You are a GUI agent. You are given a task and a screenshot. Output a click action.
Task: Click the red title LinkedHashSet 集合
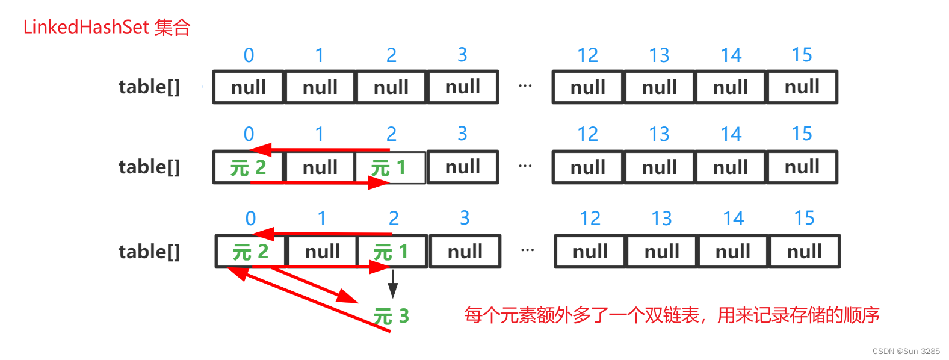pyautogui.click(x=107, y=27)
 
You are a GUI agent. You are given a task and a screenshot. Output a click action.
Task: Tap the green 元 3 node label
pyautogui.click(x=391, y=316)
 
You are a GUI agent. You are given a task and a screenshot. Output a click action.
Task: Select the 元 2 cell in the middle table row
pyautogui.click(x=248, y=167)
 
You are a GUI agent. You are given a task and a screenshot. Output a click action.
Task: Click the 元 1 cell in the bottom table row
pyautogui.click(x=391, y=252)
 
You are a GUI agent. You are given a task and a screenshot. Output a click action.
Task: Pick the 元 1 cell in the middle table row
pyautogui.click(x=389, y=167)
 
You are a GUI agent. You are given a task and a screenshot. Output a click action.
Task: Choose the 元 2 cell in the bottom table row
pyautogui.click(x=250, y=252)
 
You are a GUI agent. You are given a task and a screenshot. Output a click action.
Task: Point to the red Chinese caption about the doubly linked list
pyautogui.click(x=672, y=315)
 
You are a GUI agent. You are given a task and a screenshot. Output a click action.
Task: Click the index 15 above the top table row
pyautogui.click(x=802, y=55)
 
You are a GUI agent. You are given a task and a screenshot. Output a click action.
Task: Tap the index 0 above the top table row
pyautogui.click(x=249, y=55)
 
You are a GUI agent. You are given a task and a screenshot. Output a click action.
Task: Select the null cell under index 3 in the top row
pyautogui.click(x=463, y=87)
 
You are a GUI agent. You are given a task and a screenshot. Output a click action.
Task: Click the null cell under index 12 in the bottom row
pyautogui.click(x=590, y=252)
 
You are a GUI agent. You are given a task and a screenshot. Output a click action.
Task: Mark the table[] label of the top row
pyautogui.click(x=149, y=87)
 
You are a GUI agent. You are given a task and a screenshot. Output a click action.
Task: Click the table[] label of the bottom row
pyautogui.click(x=149, y=252)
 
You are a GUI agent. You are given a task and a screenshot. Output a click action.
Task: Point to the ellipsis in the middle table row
pyautogui.click(x=525, y=166)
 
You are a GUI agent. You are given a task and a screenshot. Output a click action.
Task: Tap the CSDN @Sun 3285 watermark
pyautogui.click(x=906, y=351)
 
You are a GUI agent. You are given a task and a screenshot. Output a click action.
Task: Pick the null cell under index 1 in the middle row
pyautogui.click(x=320, y=167)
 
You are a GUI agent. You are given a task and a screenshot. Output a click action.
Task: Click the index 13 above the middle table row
pyautogui.click(x=659, y=134)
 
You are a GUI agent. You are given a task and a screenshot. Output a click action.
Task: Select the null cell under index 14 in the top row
pyautogui.click(x=731, y=87)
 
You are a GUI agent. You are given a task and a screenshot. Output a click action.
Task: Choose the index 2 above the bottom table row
pyautogui.click(x=394, y=218)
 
